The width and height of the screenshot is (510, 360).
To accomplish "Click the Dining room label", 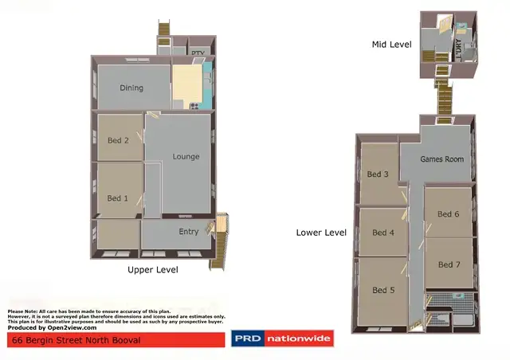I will click(131, 88).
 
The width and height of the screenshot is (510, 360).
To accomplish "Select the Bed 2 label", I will click(118, 141).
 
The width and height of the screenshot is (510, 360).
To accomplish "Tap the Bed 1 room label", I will click(118, 198).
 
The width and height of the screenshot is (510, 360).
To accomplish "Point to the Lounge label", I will click(186, 157).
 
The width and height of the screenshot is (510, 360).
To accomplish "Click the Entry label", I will click(189, 232).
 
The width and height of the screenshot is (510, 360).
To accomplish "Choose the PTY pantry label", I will click(198, 53).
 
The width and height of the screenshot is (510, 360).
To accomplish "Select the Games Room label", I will click(441, 159).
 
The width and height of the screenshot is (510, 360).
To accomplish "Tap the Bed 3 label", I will click(378, 174).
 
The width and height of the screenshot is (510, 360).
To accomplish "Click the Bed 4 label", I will click(383, 233).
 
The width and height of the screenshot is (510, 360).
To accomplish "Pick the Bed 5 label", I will click(383, 290).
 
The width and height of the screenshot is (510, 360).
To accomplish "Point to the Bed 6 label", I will click(449, 213).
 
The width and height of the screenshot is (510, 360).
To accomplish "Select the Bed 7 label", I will click(449, 264).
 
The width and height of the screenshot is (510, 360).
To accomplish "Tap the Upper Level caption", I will click(153, 270).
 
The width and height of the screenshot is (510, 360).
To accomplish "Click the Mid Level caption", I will click(391, 45).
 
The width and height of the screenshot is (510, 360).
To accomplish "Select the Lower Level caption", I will click(321, 233).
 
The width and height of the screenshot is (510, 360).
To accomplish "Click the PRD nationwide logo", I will click(282, 340).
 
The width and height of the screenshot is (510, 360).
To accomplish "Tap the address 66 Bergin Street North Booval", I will click(76, 340).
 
